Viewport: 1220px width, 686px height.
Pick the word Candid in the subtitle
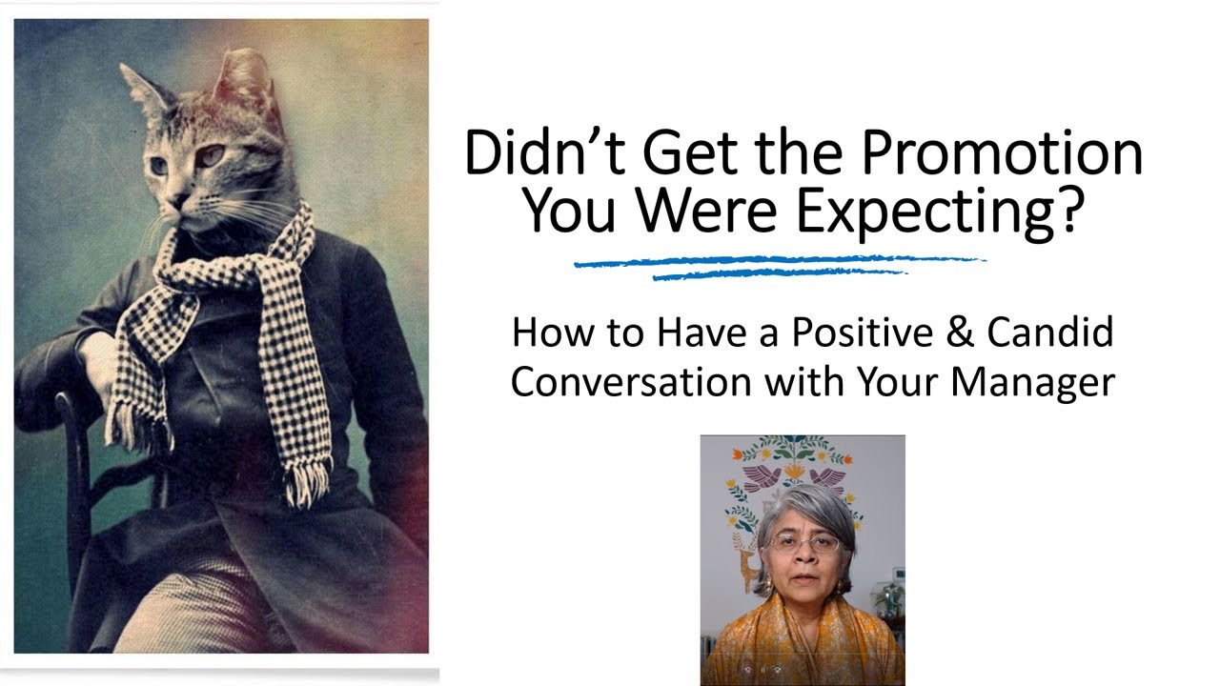pos(1049,333)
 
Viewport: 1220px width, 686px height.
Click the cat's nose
pos(178,201)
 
